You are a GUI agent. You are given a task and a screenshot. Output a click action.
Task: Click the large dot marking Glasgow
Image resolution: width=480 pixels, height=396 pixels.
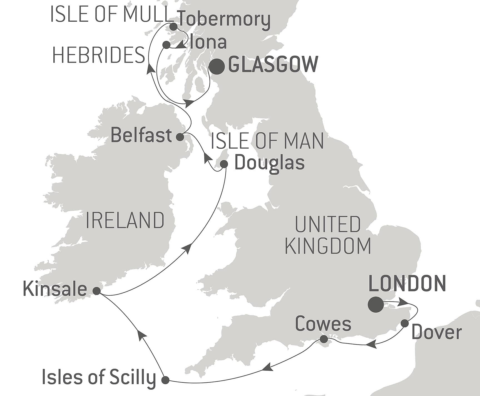(217, 67)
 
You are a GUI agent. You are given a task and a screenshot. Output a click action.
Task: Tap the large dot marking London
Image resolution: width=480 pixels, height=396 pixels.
(375, 305)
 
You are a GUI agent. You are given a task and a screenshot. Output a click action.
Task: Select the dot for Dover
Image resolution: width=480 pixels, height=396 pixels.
(405, 323)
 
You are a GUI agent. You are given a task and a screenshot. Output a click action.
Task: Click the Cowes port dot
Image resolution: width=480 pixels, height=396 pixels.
(324, 339)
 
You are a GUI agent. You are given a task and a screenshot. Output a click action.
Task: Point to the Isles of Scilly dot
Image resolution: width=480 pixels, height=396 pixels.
(165, 380)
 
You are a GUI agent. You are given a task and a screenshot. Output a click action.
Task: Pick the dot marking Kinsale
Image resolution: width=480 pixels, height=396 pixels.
(96, 291)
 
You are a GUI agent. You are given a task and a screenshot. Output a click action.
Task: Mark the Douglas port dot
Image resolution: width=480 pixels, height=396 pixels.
(224, 164)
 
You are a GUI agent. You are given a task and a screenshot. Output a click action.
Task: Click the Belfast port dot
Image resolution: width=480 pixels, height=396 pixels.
(180, 137)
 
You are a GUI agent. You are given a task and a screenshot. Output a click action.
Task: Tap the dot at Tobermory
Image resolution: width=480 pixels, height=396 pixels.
(173, 27)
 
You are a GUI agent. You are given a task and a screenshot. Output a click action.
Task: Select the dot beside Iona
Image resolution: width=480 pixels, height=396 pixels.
(166, 45)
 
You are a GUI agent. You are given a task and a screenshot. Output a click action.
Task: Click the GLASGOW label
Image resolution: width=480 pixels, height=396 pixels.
(273, 64)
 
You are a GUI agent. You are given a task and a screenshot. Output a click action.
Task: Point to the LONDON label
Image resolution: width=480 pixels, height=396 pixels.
(407, 283)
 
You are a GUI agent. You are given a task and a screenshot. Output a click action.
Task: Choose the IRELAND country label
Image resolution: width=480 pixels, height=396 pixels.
(125, 220)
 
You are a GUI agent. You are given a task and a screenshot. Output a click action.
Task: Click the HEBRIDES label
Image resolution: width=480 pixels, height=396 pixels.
(99, 55)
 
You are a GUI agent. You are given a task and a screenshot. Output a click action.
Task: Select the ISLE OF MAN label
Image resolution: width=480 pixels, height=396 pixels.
(267, 141)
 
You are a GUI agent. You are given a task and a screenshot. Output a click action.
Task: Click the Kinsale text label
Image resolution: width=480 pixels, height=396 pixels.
(55, 288)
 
